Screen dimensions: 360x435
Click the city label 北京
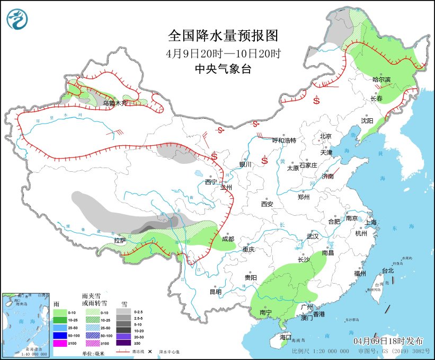point(325,136)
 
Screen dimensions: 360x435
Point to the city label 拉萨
point(120,241)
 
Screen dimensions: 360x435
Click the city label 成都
point(228,239)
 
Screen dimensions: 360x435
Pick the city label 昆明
point(216,291)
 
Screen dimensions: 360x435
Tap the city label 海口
point(286,337)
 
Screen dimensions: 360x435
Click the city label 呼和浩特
point(283,141)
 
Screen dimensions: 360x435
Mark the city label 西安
point(267,204)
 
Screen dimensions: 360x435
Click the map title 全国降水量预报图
point(223,36)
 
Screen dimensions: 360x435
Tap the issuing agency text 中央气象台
point(223,68)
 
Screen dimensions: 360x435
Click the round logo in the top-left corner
point(17,19)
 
